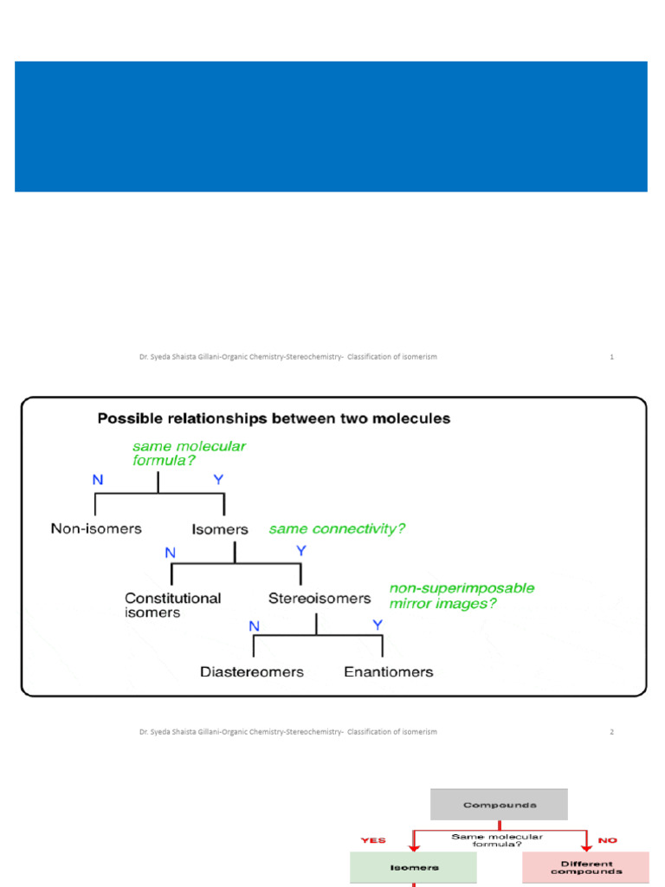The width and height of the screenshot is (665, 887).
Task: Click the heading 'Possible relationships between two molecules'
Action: [x=274, y=418]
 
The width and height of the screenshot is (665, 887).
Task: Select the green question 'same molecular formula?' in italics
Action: [x=189, y=453]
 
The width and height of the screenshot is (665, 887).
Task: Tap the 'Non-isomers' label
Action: [x=96, y=528]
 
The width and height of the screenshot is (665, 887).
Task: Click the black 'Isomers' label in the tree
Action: [x=219, y=528]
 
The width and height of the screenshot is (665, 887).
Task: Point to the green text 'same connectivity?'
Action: [x=337, y=528]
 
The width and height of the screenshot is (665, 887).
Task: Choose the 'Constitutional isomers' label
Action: [x=172, y=605]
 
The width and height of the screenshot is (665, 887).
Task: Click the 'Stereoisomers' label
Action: [x=320, y=598]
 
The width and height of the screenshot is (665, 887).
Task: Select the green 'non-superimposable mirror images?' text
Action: [x=462, y=595]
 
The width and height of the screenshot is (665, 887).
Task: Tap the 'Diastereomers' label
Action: [x=252, y=671]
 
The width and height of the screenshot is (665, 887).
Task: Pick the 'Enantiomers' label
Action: [x=389, y=671]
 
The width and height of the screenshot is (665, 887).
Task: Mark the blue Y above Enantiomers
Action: [x=378, y=624]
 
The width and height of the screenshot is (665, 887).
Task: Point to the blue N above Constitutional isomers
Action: [x=171, y=551]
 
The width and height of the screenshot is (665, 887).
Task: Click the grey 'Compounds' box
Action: [x=500, y=805]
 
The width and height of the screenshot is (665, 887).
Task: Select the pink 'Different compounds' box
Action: [x=585, y=867]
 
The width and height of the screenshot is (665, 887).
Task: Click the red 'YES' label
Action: [x=373, y=839]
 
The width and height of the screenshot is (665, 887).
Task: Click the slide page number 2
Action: [x=611, y=732]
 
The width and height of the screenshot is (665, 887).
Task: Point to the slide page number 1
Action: [x=611, y=357]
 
